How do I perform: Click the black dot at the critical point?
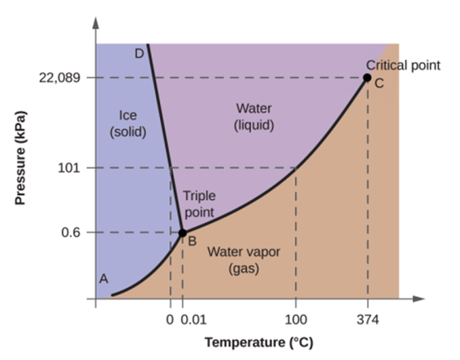(x=368, y=77)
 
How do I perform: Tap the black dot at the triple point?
(x=183, y=233)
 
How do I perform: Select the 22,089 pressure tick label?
(x=60, y=77)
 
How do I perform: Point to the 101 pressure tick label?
(x=71, y=167)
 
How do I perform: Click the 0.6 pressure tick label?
(x=71, y=233)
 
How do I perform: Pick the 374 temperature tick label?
(x=368, y=319)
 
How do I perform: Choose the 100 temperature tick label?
(x=296, y=319)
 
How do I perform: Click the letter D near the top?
(x=139, y=53)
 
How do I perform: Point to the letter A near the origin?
(x=104, y=278)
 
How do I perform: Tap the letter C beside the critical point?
(x=379, y=84)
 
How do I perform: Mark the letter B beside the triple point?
(x=192, y=241)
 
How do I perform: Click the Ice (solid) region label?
(x=128, y=123)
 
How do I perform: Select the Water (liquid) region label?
(x=254, y=117)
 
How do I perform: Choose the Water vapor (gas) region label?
(x=244, y=260)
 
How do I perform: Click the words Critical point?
(x=403, y=65)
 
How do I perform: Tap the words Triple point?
(x=199, y=203)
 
